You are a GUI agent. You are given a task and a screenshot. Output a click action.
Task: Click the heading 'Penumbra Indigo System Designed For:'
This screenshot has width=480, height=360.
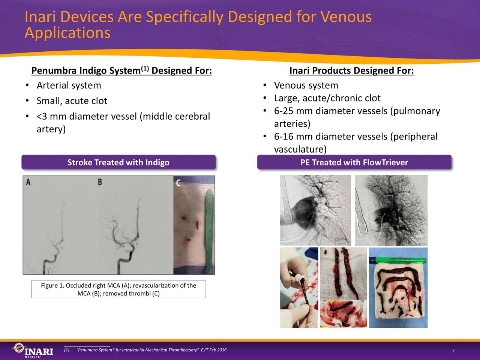[x=121, y=70]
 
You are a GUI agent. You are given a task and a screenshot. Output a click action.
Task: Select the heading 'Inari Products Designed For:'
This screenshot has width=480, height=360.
[x=351, y=70]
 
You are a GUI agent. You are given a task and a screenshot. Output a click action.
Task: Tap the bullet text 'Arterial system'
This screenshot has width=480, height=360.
[x=69, y=85]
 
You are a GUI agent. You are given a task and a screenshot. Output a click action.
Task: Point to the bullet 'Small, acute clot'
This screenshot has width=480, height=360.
[x=72, y=101]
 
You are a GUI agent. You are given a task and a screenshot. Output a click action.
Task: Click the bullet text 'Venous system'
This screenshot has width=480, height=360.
[x=306, y=85]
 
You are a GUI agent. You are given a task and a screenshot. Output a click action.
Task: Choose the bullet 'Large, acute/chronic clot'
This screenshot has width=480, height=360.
[x=327, y=98]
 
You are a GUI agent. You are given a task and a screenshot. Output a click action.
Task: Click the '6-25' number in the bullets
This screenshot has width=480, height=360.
[x=283, y=111]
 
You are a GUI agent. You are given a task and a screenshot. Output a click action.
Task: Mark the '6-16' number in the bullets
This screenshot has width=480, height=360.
[x=283, y=136]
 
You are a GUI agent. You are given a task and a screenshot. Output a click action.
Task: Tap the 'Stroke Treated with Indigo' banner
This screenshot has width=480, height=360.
[x=118, y=162]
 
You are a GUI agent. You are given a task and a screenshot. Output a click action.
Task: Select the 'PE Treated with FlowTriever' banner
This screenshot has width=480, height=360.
[x=354, y=162]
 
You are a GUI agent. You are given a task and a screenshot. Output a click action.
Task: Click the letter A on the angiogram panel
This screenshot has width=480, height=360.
[x=28, y=182]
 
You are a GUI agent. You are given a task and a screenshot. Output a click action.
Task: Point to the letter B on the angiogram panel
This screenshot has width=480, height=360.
[x=100, y=182]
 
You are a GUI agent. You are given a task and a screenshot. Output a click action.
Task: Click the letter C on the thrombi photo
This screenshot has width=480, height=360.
[x=178, y=183]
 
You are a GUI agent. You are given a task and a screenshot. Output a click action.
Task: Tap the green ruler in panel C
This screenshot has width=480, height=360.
[x=208, y=225]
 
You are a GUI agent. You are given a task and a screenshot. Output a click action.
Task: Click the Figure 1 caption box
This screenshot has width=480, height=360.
[x=118, y=289]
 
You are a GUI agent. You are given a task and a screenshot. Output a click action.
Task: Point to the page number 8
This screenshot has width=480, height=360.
[x=453, y=350]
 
